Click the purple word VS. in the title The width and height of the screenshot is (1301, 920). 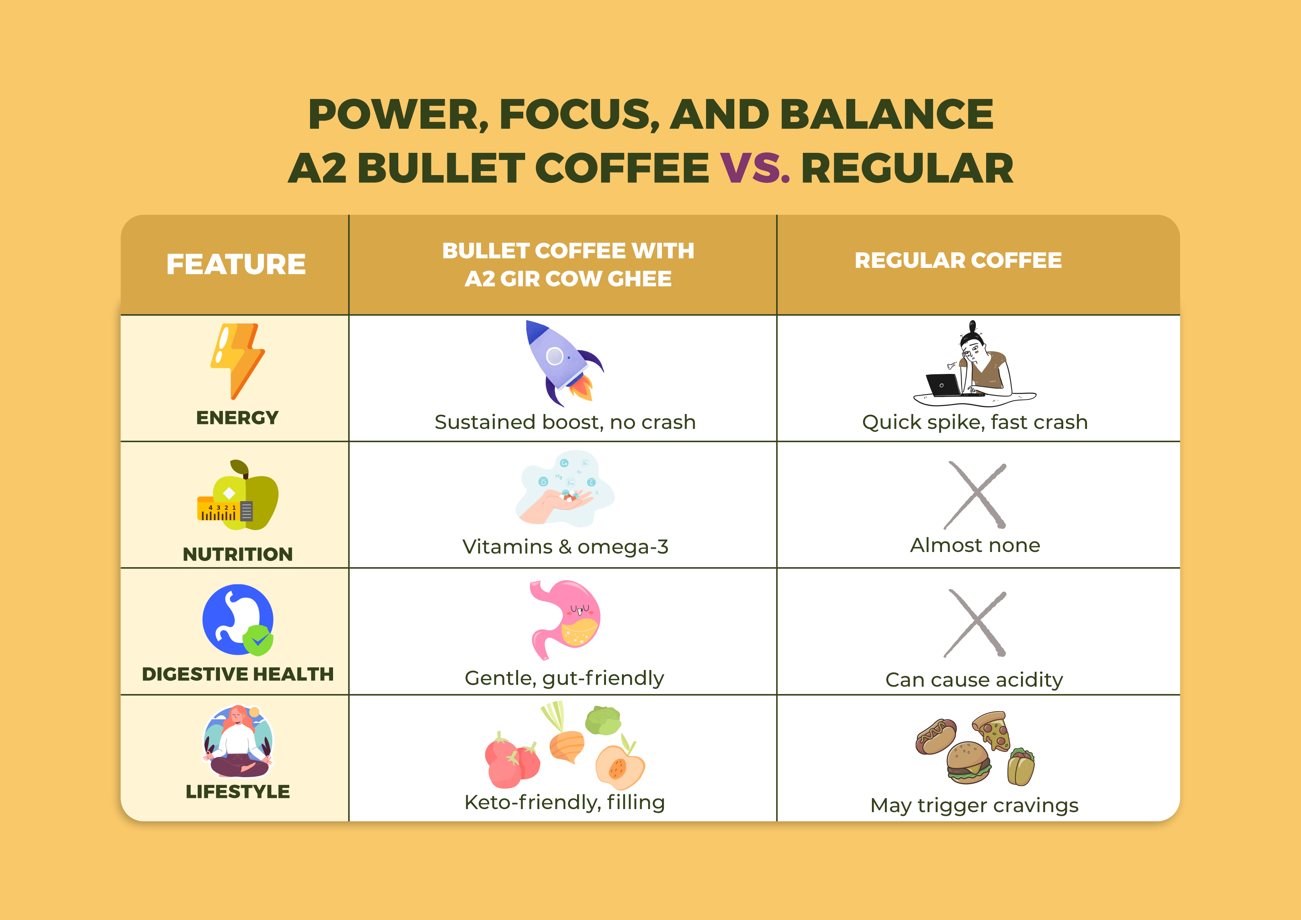coord(755,168)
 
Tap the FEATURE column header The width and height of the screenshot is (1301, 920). coord(236,264)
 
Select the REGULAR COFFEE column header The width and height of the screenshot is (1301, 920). coord(958,260)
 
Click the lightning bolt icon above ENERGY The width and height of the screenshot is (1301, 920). coord(238,360)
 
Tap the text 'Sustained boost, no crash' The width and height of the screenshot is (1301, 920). coord(565,422)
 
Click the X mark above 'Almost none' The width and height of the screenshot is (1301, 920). coord(975,495)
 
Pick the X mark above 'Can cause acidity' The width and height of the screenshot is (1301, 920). coord(975,623)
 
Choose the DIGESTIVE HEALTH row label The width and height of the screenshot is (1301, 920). coord(237,674)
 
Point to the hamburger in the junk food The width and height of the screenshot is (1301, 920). coord(968,762)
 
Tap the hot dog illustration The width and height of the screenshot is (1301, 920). coord(936,736)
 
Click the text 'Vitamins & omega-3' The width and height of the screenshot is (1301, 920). coord(565,547)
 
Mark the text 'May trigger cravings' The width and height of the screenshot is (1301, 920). coord(974,805)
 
